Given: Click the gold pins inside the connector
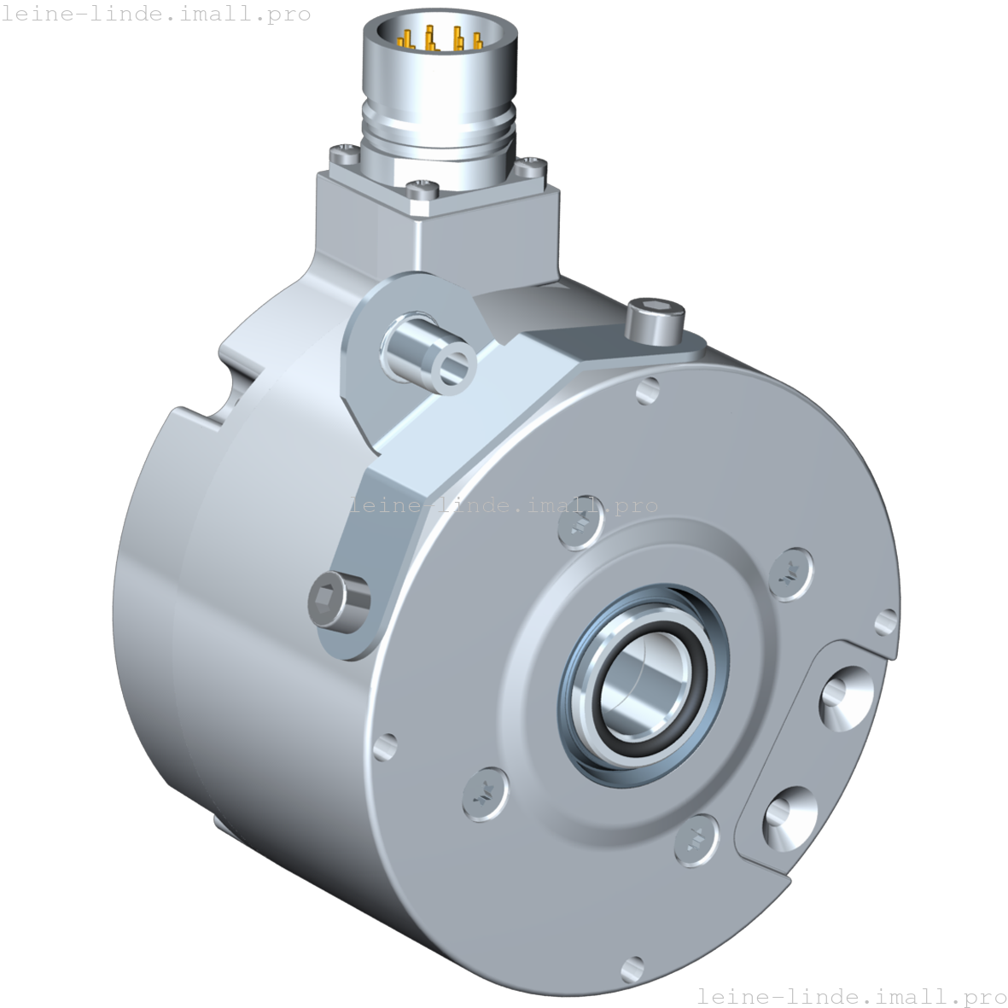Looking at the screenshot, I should click(x=431, y=40).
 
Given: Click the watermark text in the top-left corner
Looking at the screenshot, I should click(x=156, y=15).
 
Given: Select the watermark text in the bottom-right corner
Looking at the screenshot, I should click(x=851, y=995).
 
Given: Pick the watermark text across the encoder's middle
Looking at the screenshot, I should click(x=504, y=505).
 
